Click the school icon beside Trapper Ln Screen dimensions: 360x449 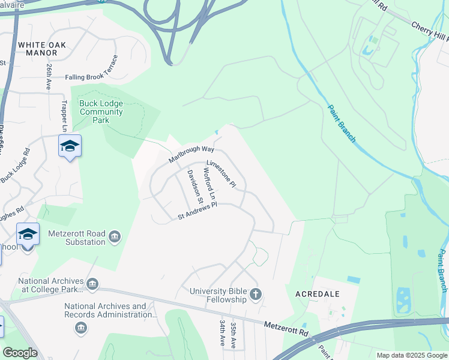pyautogui.click(x=70, y=146)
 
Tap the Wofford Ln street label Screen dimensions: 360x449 pyautogui.click(x=209, y=184)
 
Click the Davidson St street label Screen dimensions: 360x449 pyautogui.click(x=196, y=186)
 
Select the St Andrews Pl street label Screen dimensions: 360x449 pyautogui.click(x=196, y=211)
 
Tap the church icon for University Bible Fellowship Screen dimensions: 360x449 pyautogui.click(x=256, y=294)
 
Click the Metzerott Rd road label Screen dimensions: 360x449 pyautogui.click(x=286, y=328)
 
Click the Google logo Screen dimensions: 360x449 pyautogui.click(x=20, y=353)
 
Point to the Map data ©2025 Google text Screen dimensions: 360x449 pyautogui.click(x=411, y=355)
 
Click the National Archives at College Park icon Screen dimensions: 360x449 pyautogui.click(x=92, y=284)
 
